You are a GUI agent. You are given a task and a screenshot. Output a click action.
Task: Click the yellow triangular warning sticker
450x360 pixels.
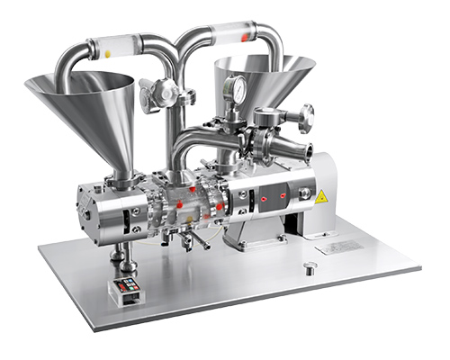pos(320,196)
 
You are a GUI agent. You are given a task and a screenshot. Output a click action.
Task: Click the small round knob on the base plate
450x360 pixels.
pos(310,266)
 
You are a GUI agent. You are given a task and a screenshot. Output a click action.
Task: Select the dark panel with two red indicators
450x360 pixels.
pos(270,193)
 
